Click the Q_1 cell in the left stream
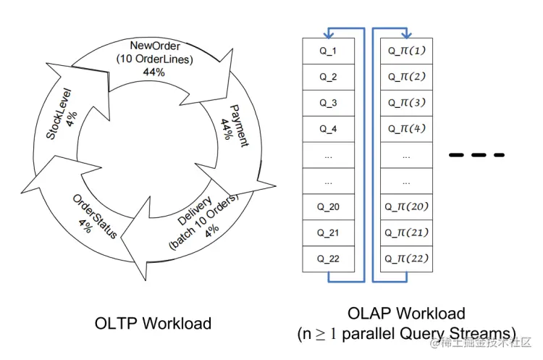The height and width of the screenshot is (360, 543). [x=328, y=51]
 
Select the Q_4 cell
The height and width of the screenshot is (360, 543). [x=328, y=129]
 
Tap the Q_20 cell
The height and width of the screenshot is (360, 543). [x=328, y=206]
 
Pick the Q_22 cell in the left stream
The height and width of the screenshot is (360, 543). [x=328, y=259]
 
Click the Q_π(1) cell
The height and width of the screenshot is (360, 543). [x=406, y=51]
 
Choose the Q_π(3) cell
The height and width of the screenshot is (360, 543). [x=406, y=103]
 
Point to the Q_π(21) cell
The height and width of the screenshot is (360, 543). [x=406, y=233]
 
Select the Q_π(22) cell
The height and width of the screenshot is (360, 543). [x=406, y=259]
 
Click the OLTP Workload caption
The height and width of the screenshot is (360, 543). [x=154, y=323]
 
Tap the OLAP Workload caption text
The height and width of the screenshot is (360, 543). [x=406, y=314]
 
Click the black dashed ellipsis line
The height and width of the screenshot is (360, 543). [x=476, y=155]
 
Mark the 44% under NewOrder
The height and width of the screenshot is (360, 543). [x=153, y=72]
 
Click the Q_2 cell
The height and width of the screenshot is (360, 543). [x=328, y=77]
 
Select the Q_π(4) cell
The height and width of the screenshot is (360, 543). [x=406, y=129]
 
